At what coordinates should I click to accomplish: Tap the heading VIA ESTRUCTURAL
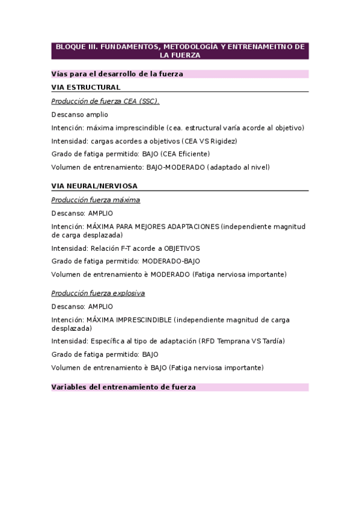coord(86,87)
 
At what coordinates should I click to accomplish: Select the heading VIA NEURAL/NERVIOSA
coord(94,186)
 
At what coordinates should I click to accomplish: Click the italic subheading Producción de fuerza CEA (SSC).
coord(105,101)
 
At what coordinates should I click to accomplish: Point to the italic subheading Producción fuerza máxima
coord(96,200)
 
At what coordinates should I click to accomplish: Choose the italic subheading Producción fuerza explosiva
coord(98,293)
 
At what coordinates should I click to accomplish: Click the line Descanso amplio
coord(80,114)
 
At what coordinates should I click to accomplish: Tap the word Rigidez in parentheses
coord(223,141)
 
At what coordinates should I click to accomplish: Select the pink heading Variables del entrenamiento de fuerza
coord(124,387)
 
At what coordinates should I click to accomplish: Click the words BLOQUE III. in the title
coord(76,46)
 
